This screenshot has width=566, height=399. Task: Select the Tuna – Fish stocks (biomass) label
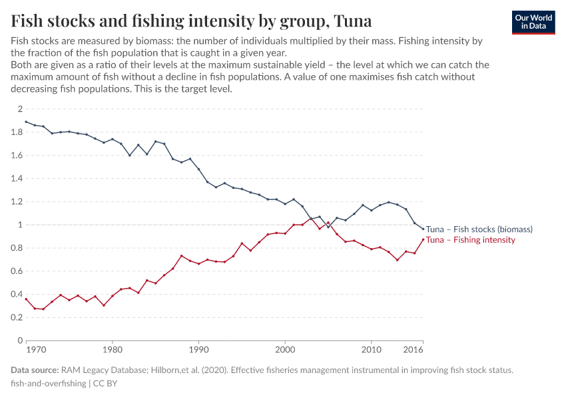479,229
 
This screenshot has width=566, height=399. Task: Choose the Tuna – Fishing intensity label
470,240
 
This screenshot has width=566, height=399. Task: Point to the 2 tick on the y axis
20,109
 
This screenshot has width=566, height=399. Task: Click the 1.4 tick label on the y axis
17,178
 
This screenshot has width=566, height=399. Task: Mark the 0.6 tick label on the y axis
17,271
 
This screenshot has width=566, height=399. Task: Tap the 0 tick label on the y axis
20,340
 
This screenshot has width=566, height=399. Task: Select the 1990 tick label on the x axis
198,349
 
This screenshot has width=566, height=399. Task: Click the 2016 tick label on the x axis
413,349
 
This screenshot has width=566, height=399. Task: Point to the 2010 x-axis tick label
371,349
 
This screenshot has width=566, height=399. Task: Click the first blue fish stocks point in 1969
26,122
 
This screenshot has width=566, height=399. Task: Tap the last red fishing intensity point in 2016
423,240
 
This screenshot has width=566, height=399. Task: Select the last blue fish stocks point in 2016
423,229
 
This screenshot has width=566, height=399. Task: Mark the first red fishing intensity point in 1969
26,299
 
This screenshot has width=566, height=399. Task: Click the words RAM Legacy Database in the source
101,370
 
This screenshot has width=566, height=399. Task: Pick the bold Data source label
35,370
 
